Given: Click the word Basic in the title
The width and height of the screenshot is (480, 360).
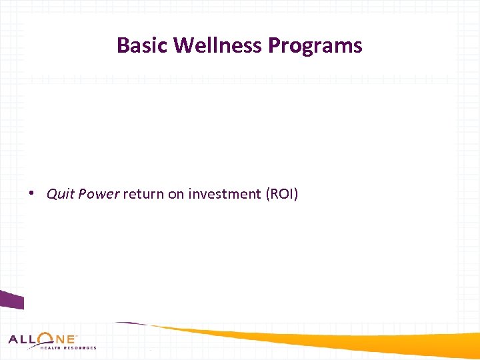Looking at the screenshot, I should click(x=143, y=45).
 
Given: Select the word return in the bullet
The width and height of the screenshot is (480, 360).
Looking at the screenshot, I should click(x=141, y=194).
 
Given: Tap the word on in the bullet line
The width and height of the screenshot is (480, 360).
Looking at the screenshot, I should click(x=173, y=194).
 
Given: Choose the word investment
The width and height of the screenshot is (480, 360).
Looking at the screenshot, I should click(x=225, y=194).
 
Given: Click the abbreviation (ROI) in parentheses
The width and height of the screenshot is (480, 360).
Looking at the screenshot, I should click(x=282, y=194).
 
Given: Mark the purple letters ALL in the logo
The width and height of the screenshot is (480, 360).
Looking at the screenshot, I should click(x=23, y=339).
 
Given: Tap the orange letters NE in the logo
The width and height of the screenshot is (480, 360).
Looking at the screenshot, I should click(x=65, y=339).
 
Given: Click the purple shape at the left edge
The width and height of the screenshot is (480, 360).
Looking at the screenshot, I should click(x=11, y=301).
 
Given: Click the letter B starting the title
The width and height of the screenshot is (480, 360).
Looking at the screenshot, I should click(x=122, y=45).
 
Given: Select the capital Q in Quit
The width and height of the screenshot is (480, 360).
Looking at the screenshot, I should click(x=51, y=194).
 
